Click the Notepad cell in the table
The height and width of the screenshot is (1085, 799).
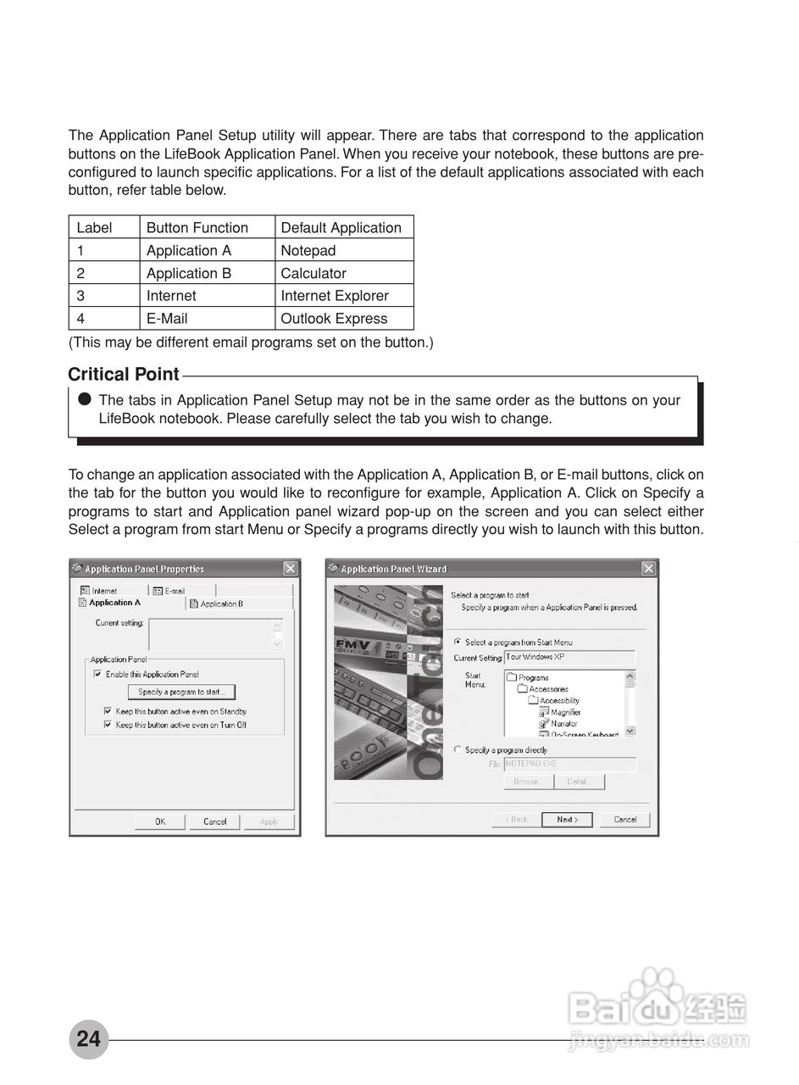pos(308,251)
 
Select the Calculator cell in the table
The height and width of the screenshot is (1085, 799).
pos(313,274)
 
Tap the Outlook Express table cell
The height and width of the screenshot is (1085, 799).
pos(334,319)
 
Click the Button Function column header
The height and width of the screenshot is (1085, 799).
pos(197,228)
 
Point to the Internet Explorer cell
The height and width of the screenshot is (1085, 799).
pos(335,296)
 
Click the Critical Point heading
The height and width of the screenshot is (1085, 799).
pos(124,375)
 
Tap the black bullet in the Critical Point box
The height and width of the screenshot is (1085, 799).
pos(84,398)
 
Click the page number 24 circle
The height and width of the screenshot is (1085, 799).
pos(88,1038)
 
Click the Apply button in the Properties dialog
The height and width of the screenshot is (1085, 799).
pos(269,821)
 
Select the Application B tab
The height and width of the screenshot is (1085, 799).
pos(221,604)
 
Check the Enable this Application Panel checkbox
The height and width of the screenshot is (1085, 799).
pos(97,674)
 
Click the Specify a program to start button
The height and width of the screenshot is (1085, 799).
pos(181,693)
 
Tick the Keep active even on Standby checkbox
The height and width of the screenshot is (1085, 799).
pos(108,711)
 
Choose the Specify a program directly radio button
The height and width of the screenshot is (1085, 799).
pos(458,749)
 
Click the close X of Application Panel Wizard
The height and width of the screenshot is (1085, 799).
pos(648,569)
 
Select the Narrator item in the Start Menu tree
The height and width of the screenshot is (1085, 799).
pos(563,724)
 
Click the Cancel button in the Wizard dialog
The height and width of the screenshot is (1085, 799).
pos(624,820)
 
